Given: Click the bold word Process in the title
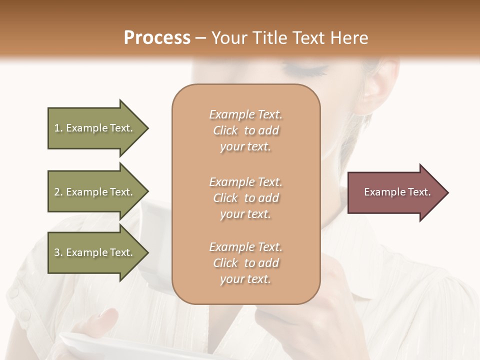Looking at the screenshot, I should click(157, 38).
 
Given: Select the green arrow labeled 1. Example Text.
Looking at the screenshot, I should click(97, 128).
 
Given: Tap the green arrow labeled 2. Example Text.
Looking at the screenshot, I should click(97, 192).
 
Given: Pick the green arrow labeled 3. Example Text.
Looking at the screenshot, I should click(97, 252).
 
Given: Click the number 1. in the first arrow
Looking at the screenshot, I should click(58, 128).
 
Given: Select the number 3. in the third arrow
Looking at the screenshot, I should click(58, 253).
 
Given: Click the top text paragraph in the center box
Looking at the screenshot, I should click(245, 130).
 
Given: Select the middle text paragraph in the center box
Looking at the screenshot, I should click(245, 198).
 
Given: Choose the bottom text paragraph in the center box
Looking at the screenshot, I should click(245, 263).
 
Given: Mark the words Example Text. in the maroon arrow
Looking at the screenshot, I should click(397, 192).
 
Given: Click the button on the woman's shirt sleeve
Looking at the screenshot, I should click(24, 314).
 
